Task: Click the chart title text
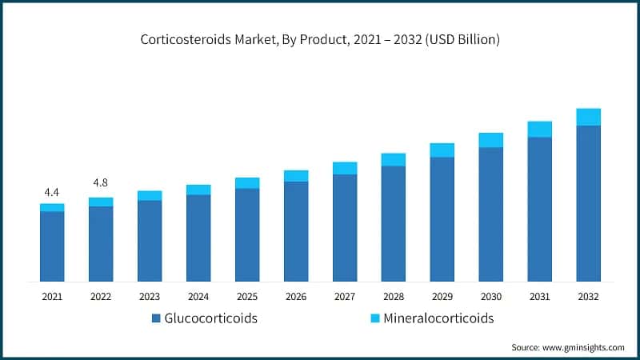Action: (320, 40)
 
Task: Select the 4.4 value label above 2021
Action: (52, 192)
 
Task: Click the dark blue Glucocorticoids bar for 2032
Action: (588, 203)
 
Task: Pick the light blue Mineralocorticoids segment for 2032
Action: (588, 117)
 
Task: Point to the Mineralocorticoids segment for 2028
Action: (393, 159)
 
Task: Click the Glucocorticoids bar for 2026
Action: (296, 231)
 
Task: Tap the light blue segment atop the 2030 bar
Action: (490, 140)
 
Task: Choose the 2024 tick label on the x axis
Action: (198, 297)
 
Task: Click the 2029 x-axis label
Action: (442, 297)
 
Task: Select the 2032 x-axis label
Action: (588, 297)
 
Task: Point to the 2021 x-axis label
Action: (52, 297)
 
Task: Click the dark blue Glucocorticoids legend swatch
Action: (156, 318)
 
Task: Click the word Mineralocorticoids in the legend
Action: (438, 318)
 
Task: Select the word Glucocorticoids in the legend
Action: (212, 318)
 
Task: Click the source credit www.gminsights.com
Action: (568, 347)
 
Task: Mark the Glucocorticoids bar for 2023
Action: (150, 241)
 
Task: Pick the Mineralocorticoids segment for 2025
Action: (247, 183)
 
